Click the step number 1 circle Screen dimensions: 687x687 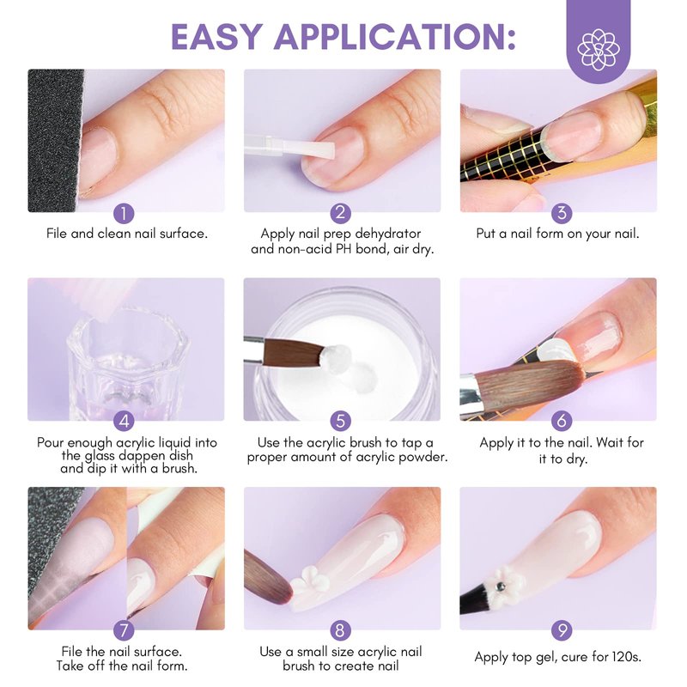124,214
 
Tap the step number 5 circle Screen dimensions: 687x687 340,422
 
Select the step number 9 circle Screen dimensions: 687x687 562,630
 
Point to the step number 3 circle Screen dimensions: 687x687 562,213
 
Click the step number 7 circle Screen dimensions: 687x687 124,630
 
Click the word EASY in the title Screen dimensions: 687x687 217,36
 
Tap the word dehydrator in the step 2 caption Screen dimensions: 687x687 388,234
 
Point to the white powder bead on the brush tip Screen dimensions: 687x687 335,358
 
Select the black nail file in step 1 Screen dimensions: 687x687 55,140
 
